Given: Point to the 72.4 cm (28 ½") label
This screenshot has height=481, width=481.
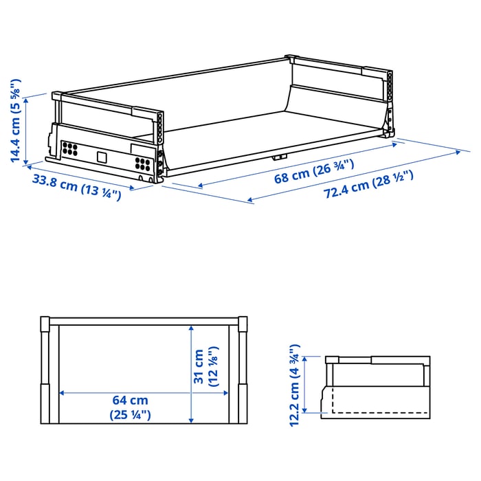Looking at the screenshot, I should tap(368, 185).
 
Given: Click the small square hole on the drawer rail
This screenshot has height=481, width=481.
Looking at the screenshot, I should tap(102, 157).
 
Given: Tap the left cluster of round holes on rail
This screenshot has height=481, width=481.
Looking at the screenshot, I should tap(69, 148).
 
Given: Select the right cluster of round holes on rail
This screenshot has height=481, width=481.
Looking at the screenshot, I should tap(144, 164).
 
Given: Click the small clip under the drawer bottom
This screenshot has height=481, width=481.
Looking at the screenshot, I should tap(278, 157).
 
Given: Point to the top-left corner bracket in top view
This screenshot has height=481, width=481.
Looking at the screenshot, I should tap(45, 325).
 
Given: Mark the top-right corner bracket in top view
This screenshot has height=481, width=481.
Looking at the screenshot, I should tap(241, 325).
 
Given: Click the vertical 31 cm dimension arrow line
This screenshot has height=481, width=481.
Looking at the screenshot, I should tap(190, 374).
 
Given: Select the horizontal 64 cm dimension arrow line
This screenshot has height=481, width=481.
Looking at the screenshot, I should tap(124, 393).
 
